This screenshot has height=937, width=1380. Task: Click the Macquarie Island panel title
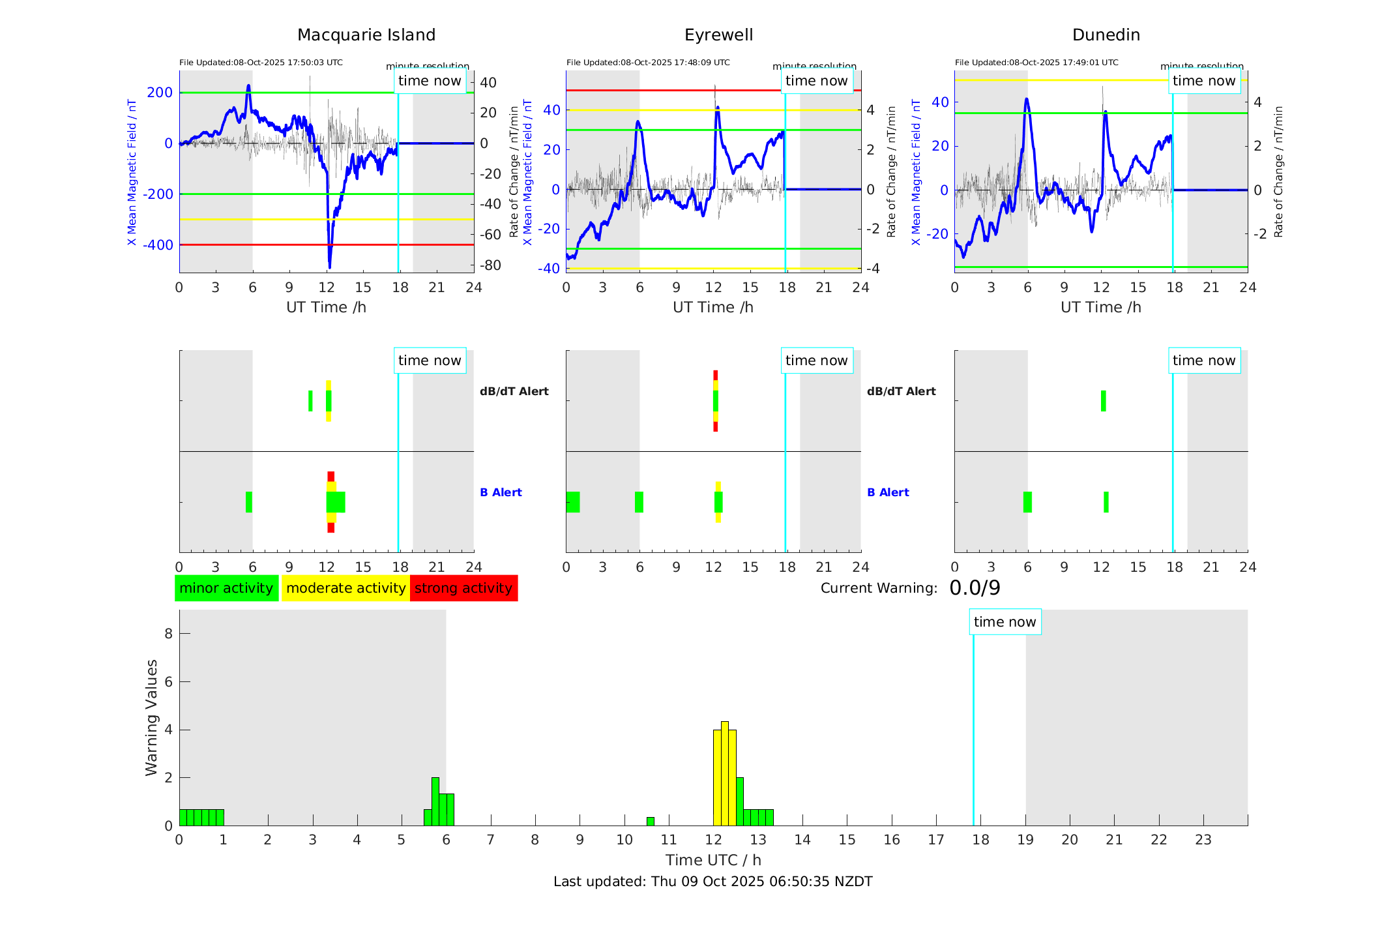[366, 35]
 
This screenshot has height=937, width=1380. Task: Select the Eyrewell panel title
[718, 35]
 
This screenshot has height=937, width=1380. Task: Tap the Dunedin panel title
[1106, 35]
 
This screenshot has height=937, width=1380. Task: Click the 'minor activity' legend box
[226, 588]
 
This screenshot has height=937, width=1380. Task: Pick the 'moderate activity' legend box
[345, 588]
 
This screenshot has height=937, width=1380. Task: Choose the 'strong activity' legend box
[463, 588]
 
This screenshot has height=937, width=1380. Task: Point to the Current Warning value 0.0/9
[975, 588]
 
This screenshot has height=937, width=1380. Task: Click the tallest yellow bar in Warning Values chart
[724, 773]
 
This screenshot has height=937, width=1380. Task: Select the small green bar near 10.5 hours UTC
[650, 822]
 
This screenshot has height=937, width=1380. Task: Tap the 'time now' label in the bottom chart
[1005, 622]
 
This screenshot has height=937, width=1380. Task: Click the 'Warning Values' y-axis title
[151, 717]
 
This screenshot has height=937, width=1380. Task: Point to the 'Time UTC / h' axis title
[713, 860]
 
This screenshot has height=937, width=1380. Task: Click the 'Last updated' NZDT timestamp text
[712, 882]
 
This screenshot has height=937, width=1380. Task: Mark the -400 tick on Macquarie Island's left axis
[158, 245]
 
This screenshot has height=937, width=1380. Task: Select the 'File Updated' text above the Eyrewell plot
[648, 63]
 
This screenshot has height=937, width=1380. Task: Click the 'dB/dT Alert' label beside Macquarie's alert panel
[514, 391]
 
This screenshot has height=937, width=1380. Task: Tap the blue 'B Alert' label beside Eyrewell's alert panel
[888, 492]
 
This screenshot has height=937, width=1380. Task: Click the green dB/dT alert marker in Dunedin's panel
[1103, 401]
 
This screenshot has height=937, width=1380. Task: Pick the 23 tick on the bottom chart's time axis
[1203, 840]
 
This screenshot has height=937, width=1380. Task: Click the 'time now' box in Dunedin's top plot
[1203, 81]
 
